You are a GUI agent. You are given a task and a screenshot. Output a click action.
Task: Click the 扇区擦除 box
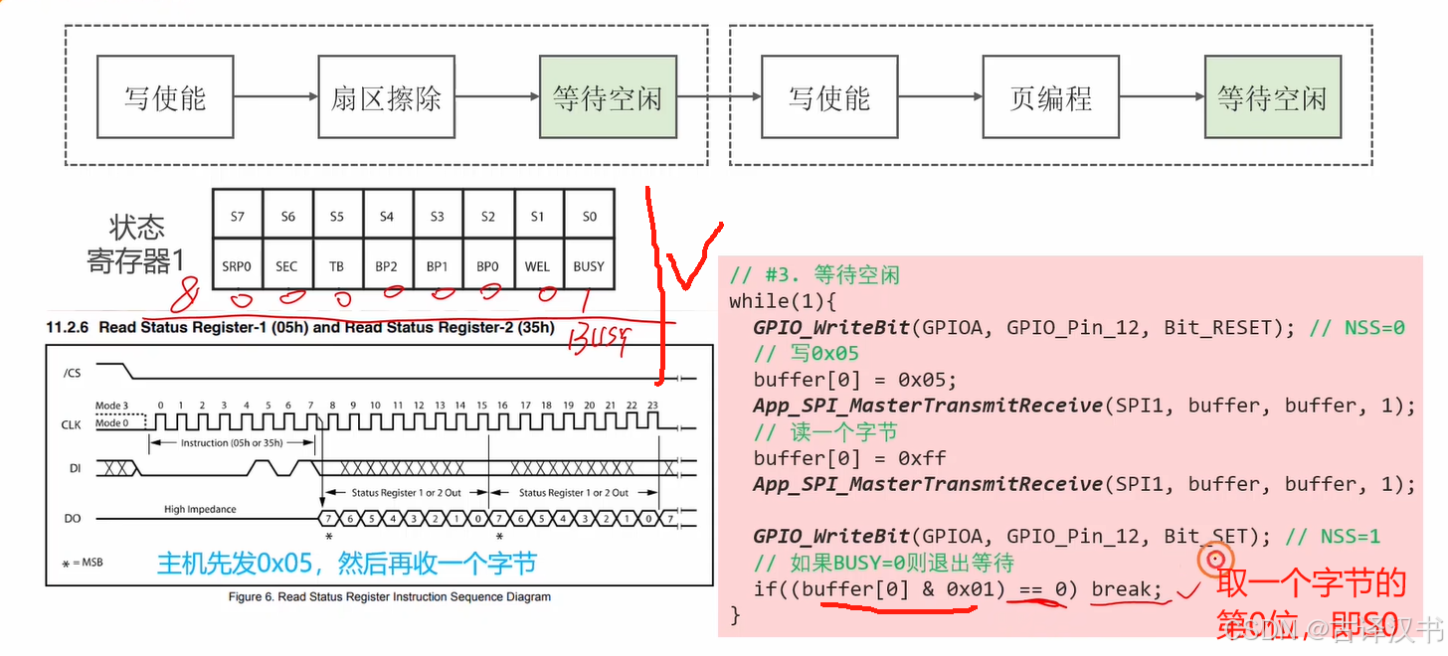click(386, 97)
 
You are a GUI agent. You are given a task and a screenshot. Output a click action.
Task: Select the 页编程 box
click(1050, 97)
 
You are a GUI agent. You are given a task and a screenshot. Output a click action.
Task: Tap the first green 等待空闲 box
click(607, 97)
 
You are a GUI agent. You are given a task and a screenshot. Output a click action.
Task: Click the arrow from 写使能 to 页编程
click(939, 97)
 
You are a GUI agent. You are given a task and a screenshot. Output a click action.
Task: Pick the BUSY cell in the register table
click(589, 266)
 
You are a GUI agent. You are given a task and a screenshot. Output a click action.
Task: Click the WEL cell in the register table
click(538, 266)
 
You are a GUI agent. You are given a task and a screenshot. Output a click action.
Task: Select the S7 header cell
click(237, 216)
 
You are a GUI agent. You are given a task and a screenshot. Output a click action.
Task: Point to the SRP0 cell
click(237, 266)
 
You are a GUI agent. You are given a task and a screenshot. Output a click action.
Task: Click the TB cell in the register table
click(337, 266)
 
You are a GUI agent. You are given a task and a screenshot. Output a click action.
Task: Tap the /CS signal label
click(72, 373)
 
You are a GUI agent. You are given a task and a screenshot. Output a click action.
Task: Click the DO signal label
click(72, 518)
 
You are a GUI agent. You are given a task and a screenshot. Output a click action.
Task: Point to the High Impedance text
click(201, 509)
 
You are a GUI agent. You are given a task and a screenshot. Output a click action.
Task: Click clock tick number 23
click(652, 406)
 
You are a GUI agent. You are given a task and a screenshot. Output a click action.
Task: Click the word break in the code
click(1126, 589)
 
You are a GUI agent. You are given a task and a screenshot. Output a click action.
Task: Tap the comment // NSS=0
click(1357, 327)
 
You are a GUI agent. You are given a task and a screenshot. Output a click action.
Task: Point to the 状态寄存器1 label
click(136, 245)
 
